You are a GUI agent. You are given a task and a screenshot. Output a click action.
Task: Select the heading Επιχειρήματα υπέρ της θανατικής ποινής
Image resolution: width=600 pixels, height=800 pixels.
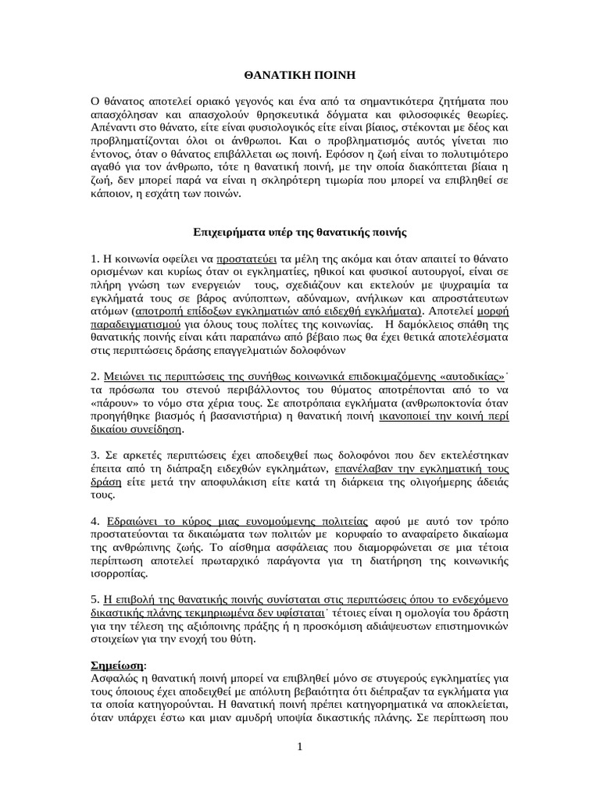click(x=299, y=233)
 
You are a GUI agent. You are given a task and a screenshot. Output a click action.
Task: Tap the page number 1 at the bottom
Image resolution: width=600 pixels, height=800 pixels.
click(x=299, y=747)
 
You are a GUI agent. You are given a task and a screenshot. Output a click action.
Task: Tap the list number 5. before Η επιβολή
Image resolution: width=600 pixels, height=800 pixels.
click(x=95, y=598)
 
